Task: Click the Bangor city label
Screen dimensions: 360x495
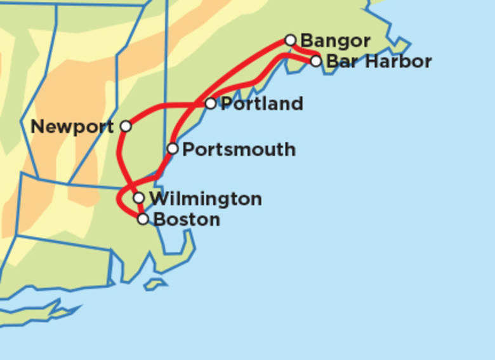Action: tap(335, 41)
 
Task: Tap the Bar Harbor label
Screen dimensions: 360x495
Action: tap(379, 62)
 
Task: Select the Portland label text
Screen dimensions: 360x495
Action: tap(261, 103)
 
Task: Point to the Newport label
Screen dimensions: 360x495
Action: tap(72, 127)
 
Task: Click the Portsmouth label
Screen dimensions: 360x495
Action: tap(239, 150)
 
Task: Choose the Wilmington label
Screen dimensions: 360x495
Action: tap(206, 199)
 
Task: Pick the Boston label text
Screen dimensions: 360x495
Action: tap(187, 220)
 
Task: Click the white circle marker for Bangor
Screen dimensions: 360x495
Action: tap(291, 40)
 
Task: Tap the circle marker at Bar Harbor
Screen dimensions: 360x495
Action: tap(316, 61)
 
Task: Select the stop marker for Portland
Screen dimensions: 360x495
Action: tap(211, 103)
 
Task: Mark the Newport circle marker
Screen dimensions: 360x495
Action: tap(126, 126)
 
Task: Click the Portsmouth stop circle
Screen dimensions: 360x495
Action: tap(173, 149)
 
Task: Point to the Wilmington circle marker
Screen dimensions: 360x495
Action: tap(139, 197)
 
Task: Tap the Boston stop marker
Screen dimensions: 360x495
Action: tap(143, 219)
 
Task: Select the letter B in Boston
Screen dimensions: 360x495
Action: tap(159, 220)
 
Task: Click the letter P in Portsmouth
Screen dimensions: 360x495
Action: tap(187, 150)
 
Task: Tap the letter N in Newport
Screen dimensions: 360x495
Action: tap(37, 127)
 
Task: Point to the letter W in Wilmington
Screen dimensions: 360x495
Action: tap(158, 199)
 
